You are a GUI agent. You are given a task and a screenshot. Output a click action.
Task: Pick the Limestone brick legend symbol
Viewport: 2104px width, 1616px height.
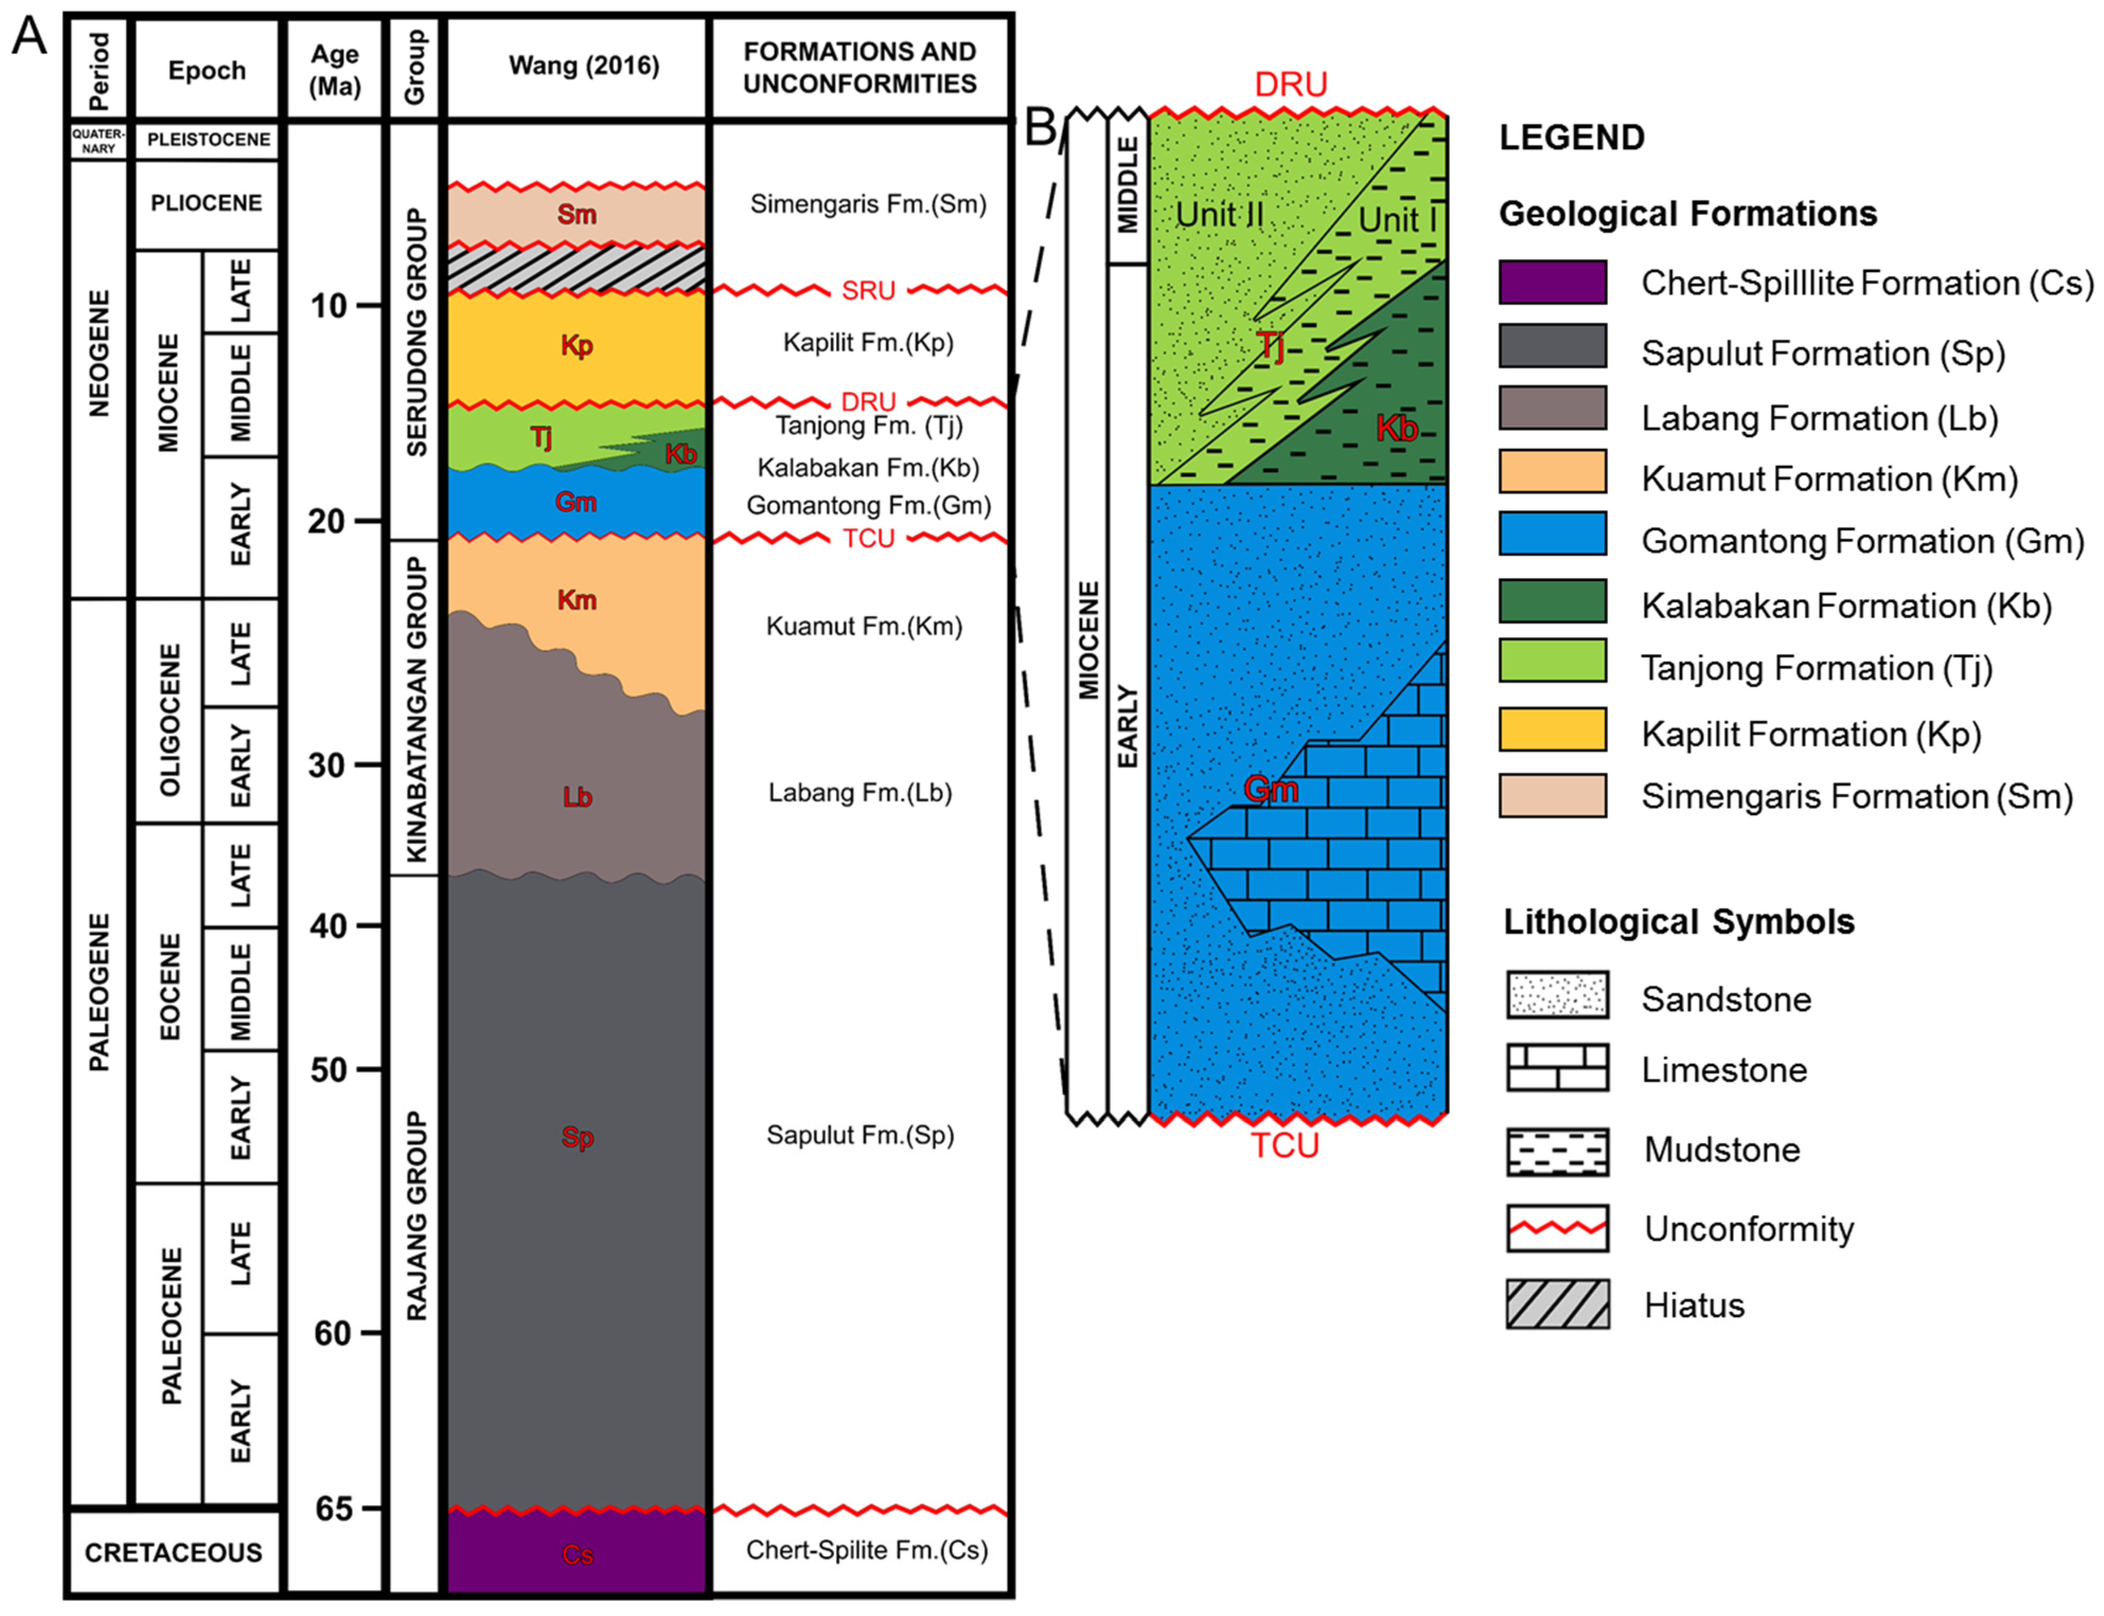[x=1557, y=1068]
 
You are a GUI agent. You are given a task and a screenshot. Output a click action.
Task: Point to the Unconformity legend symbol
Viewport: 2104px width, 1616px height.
[x=1557, y=1228]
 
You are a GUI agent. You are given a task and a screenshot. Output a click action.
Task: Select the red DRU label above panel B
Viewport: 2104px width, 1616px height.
[x=1290, y=85]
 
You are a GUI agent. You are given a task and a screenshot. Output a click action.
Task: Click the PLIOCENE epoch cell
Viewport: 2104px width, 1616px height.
[x=206, y=203]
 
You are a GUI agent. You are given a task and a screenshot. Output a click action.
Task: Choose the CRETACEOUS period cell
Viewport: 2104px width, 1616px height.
[x=173, y=1552]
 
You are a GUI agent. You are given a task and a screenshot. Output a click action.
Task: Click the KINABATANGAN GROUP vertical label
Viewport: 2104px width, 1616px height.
[x=416, y=709]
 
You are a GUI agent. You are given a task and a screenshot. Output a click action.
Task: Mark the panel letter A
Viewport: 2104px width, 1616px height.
[x=29, y=39]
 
